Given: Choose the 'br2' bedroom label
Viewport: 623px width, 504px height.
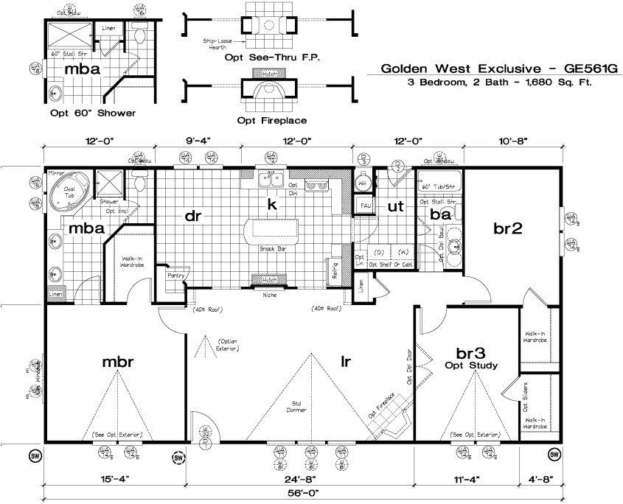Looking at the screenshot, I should click(508, 228).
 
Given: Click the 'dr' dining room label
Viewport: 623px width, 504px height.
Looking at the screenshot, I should click(194, 215).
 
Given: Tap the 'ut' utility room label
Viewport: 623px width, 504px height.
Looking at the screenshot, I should click(397, 208).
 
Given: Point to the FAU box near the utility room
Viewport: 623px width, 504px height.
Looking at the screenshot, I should click(364, 204).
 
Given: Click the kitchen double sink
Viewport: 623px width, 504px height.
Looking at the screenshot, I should click(272, 178).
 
